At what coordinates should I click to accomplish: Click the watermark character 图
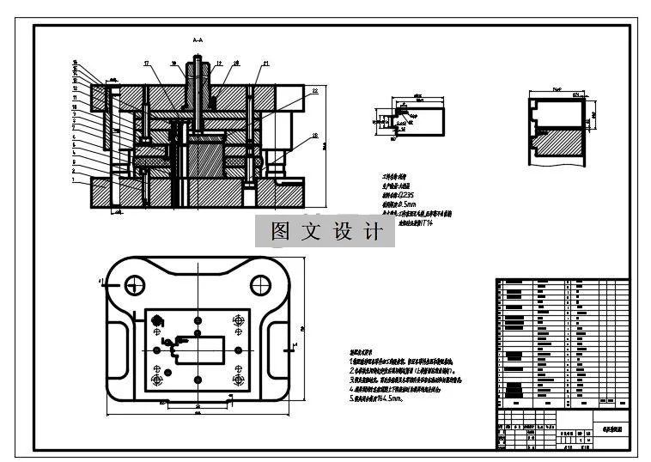tap(279, 232)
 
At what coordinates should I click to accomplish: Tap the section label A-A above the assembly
tap(198, 40)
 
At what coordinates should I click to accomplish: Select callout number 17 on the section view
tap(147, 64)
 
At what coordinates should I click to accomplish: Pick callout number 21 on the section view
tap(266, 64)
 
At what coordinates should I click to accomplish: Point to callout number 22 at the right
tap(315, 90)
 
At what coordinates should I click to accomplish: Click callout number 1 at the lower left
tap(75, 180)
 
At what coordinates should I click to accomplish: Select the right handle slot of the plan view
tap(277, 348)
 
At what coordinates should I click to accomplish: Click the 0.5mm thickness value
tap(405, 204)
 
